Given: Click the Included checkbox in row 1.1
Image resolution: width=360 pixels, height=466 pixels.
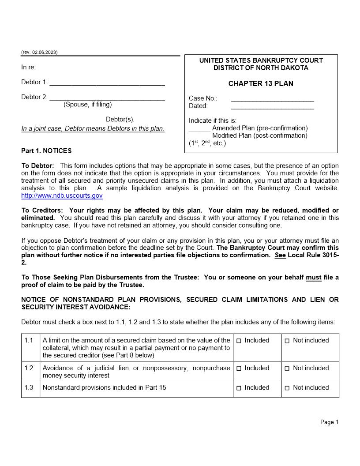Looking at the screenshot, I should coord(239,341).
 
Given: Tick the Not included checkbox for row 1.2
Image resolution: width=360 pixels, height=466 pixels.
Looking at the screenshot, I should coord(287,368).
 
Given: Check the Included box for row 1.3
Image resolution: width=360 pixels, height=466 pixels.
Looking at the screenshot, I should coord(239,388).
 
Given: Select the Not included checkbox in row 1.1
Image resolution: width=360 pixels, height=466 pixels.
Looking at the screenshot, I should coord(287,341).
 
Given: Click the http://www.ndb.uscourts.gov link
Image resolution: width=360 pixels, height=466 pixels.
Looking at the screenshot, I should coord(62,195).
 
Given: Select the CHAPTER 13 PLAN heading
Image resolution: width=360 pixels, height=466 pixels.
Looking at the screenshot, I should coord(261,84).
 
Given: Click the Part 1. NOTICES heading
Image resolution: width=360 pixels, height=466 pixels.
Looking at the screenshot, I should coord(46,151).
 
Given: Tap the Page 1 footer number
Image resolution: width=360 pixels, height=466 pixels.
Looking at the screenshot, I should coord(329,422).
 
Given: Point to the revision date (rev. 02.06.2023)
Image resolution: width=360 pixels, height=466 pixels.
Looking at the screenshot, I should coord(39,53).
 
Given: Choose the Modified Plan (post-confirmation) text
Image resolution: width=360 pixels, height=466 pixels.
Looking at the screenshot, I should coord(260,136).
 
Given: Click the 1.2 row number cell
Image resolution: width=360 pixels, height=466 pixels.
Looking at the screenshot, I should coord(29,368).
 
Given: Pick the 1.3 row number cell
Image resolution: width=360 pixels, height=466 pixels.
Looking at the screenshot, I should coord(29,388).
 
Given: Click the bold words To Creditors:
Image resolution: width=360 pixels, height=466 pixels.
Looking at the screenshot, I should coord(43,210).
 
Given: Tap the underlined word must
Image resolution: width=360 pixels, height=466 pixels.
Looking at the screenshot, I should coord(313,278).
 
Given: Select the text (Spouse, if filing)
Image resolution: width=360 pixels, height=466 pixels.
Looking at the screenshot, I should coord(88,105).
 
